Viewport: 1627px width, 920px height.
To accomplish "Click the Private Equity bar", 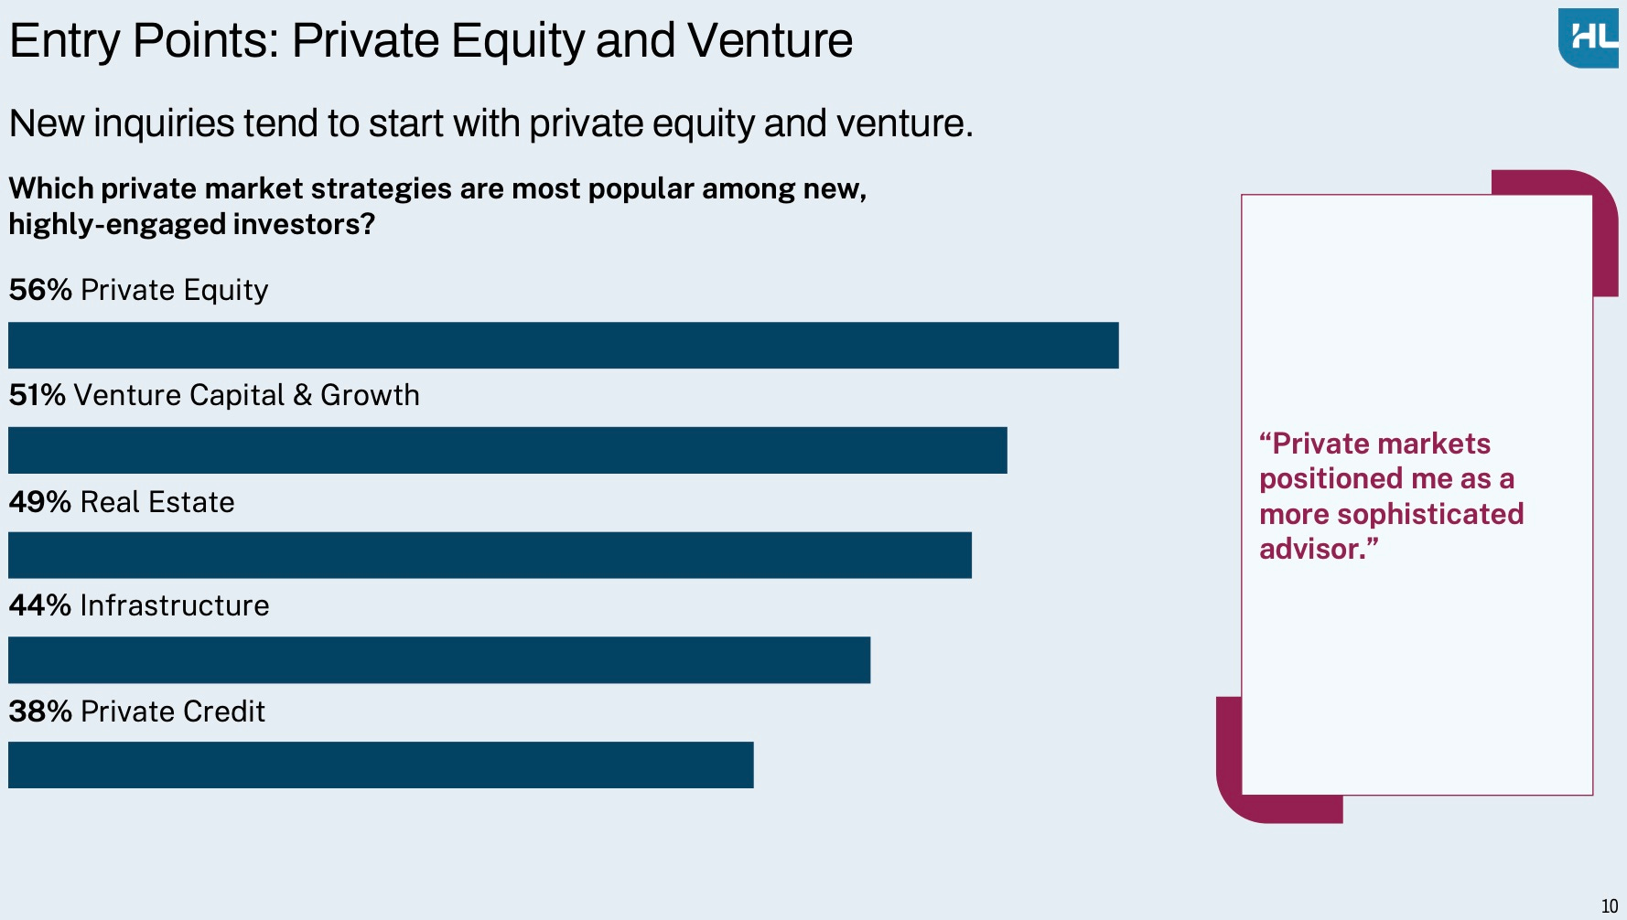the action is coord(564,345).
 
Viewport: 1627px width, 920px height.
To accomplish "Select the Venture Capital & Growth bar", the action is coord(508,450).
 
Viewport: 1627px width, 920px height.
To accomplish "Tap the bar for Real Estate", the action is coord(490,555).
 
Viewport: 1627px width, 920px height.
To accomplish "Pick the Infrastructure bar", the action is coord(439,660).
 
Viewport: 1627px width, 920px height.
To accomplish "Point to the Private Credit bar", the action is coord(381,765).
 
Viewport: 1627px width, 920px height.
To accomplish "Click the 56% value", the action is coord(40,290).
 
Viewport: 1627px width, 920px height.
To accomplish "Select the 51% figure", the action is coord(38,395).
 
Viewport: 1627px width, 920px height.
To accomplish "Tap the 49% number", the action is coord(40,502).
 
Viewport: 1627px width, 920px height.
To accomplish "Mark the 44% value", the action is coord(40,605).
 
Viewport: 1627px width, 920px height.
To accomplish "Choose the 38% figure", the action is coord(40,711).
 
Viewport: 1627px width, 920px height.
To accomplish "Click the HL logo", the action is coord(1589,38).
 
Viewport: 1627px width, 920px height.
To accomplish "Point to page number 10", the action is coord(1610,906).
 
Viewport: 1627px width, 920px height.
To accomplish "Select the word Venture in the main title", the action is coord(770,40).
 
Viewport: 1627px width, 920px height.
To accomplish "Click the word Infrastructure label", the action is coord(175,605).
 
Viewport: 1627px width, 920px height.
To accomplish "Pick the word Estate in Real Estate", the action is coord(191,502).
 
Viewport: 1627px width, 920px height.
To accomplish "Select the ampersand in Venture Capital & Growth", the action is coord(302,395).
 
